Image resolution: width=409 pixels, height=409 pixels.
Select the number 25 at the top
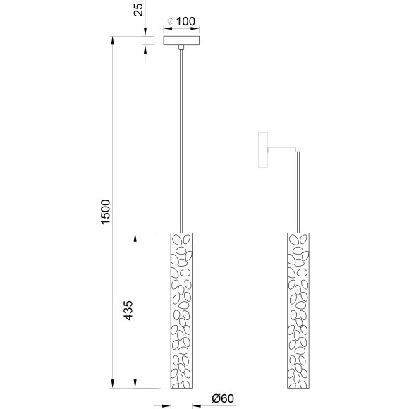click(138, 9)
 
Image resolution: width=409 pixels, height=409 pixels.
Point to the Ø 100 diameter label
click(181, 21)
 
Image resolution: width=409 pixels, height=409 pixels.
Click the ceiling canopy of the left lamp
click(182, 41)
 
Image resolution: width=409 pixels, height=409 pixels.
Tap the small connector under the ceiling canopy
click(182, 49)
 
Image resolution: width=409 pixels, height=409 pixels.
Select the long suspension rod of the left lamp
click(182, 141)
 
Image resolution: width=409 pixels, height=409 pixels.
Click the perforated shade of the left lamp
click(182, 310)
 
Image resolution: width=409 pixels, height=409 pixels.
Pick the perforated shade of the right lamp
click(298, 310)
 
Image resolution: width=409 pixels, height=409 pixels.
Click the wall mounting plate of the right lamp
click(263, 150)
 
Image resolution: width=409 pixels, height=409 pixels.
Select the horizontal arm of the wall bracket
click(282, 149)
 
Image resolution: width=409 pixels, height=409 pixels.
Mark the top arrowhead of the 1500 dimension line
click(114, 40)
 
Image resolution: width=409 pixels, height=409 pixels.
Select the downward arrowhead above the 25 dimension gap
click(145, 32)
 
